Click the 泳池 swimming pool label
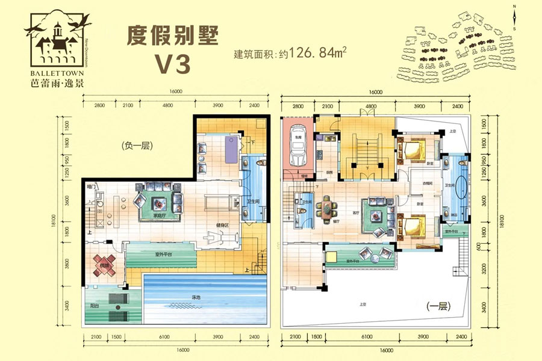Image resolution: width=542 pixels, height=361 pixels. coord(196,297)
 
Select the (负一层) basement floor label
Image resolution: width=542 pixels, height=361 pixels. coord(133,144)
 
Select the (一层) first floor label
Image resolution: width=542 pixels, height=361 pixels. coord(438,306)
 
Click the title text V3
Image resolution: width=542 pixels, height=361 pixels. coord(173,63)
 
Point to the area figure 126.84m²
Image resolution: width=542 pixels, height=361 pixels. coord(314,53)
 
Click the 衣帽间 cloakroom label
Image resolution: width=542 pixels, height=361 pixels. coord(427,184)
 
